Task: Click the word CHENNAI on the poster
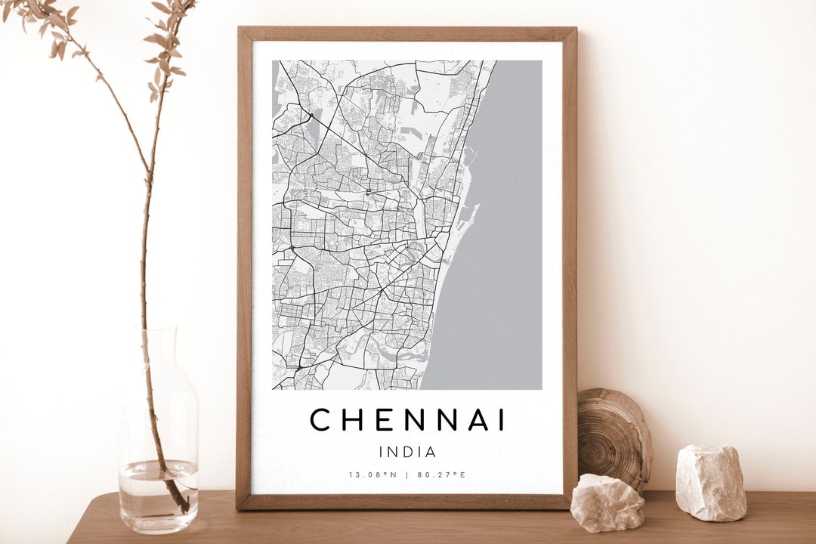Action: pyautogui.click(x=408, y=419)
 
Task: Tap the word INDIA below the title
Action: pyautogui.click(x=408, y=453)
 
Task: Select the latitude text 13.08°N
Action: pyautogui.click(x=372, y=474)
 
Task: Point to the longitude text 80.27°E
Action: pyautogui.click(x=441, y=474)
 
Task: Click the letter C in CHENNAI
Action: pyautogui.click(x=321, y=419)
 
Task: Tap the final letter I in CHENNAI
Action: pyautogui.click(x=502, y=419)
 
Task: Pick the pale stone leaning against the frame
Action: pyautogui.click(x=607, y=502)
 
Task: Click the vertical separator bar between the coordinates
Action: pyautogui.click(x=406, y=474)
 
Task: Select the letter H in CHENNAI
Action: pyautogui.click(x=352, y=419)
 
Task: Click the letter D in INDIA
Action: pyautogui.click(x=407, y=453)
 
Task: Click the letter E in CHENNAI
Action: pyautogui.click(x=382, y=419)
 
